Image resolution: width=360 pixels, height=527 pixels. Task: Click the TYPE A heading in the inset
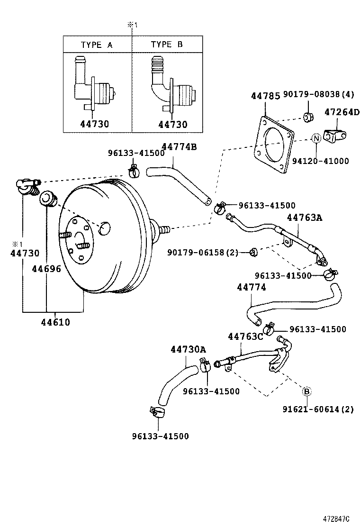[x=97, y=45]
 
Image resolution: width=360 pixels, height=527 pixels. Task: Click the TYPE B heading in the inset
[x=167, y=45]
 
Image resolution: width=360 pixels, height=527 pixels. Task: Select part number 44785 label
[x=265, y=96]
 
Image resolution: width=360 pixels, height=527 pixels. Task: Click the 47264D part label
[x=342, y=112]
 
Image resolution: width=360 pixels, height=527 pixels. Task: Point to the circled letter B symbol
[x=306, y=391]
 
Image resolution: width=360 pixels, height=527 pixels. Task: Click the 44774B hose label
[x=179, y=146]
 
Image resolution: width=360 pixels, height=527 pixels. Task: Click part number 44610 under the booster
[x=55, y=322]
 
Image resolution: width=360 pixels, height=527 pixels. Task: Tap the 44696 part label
[x=46, y=269]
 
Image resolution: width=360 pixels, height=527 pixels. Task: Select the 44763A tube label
[x=304, y=218]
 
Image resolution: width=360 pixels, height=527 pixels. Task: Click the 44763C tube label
[x=245, y=337]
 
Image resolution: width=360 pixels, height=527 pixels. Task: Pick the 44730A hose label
[x=188, y=349]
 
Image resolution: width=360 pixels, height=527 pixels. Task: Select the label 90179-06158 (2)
[x=203, y=252]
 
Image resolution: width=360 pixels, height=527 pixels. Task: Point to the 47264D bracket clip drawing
[x=334, y=135]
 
